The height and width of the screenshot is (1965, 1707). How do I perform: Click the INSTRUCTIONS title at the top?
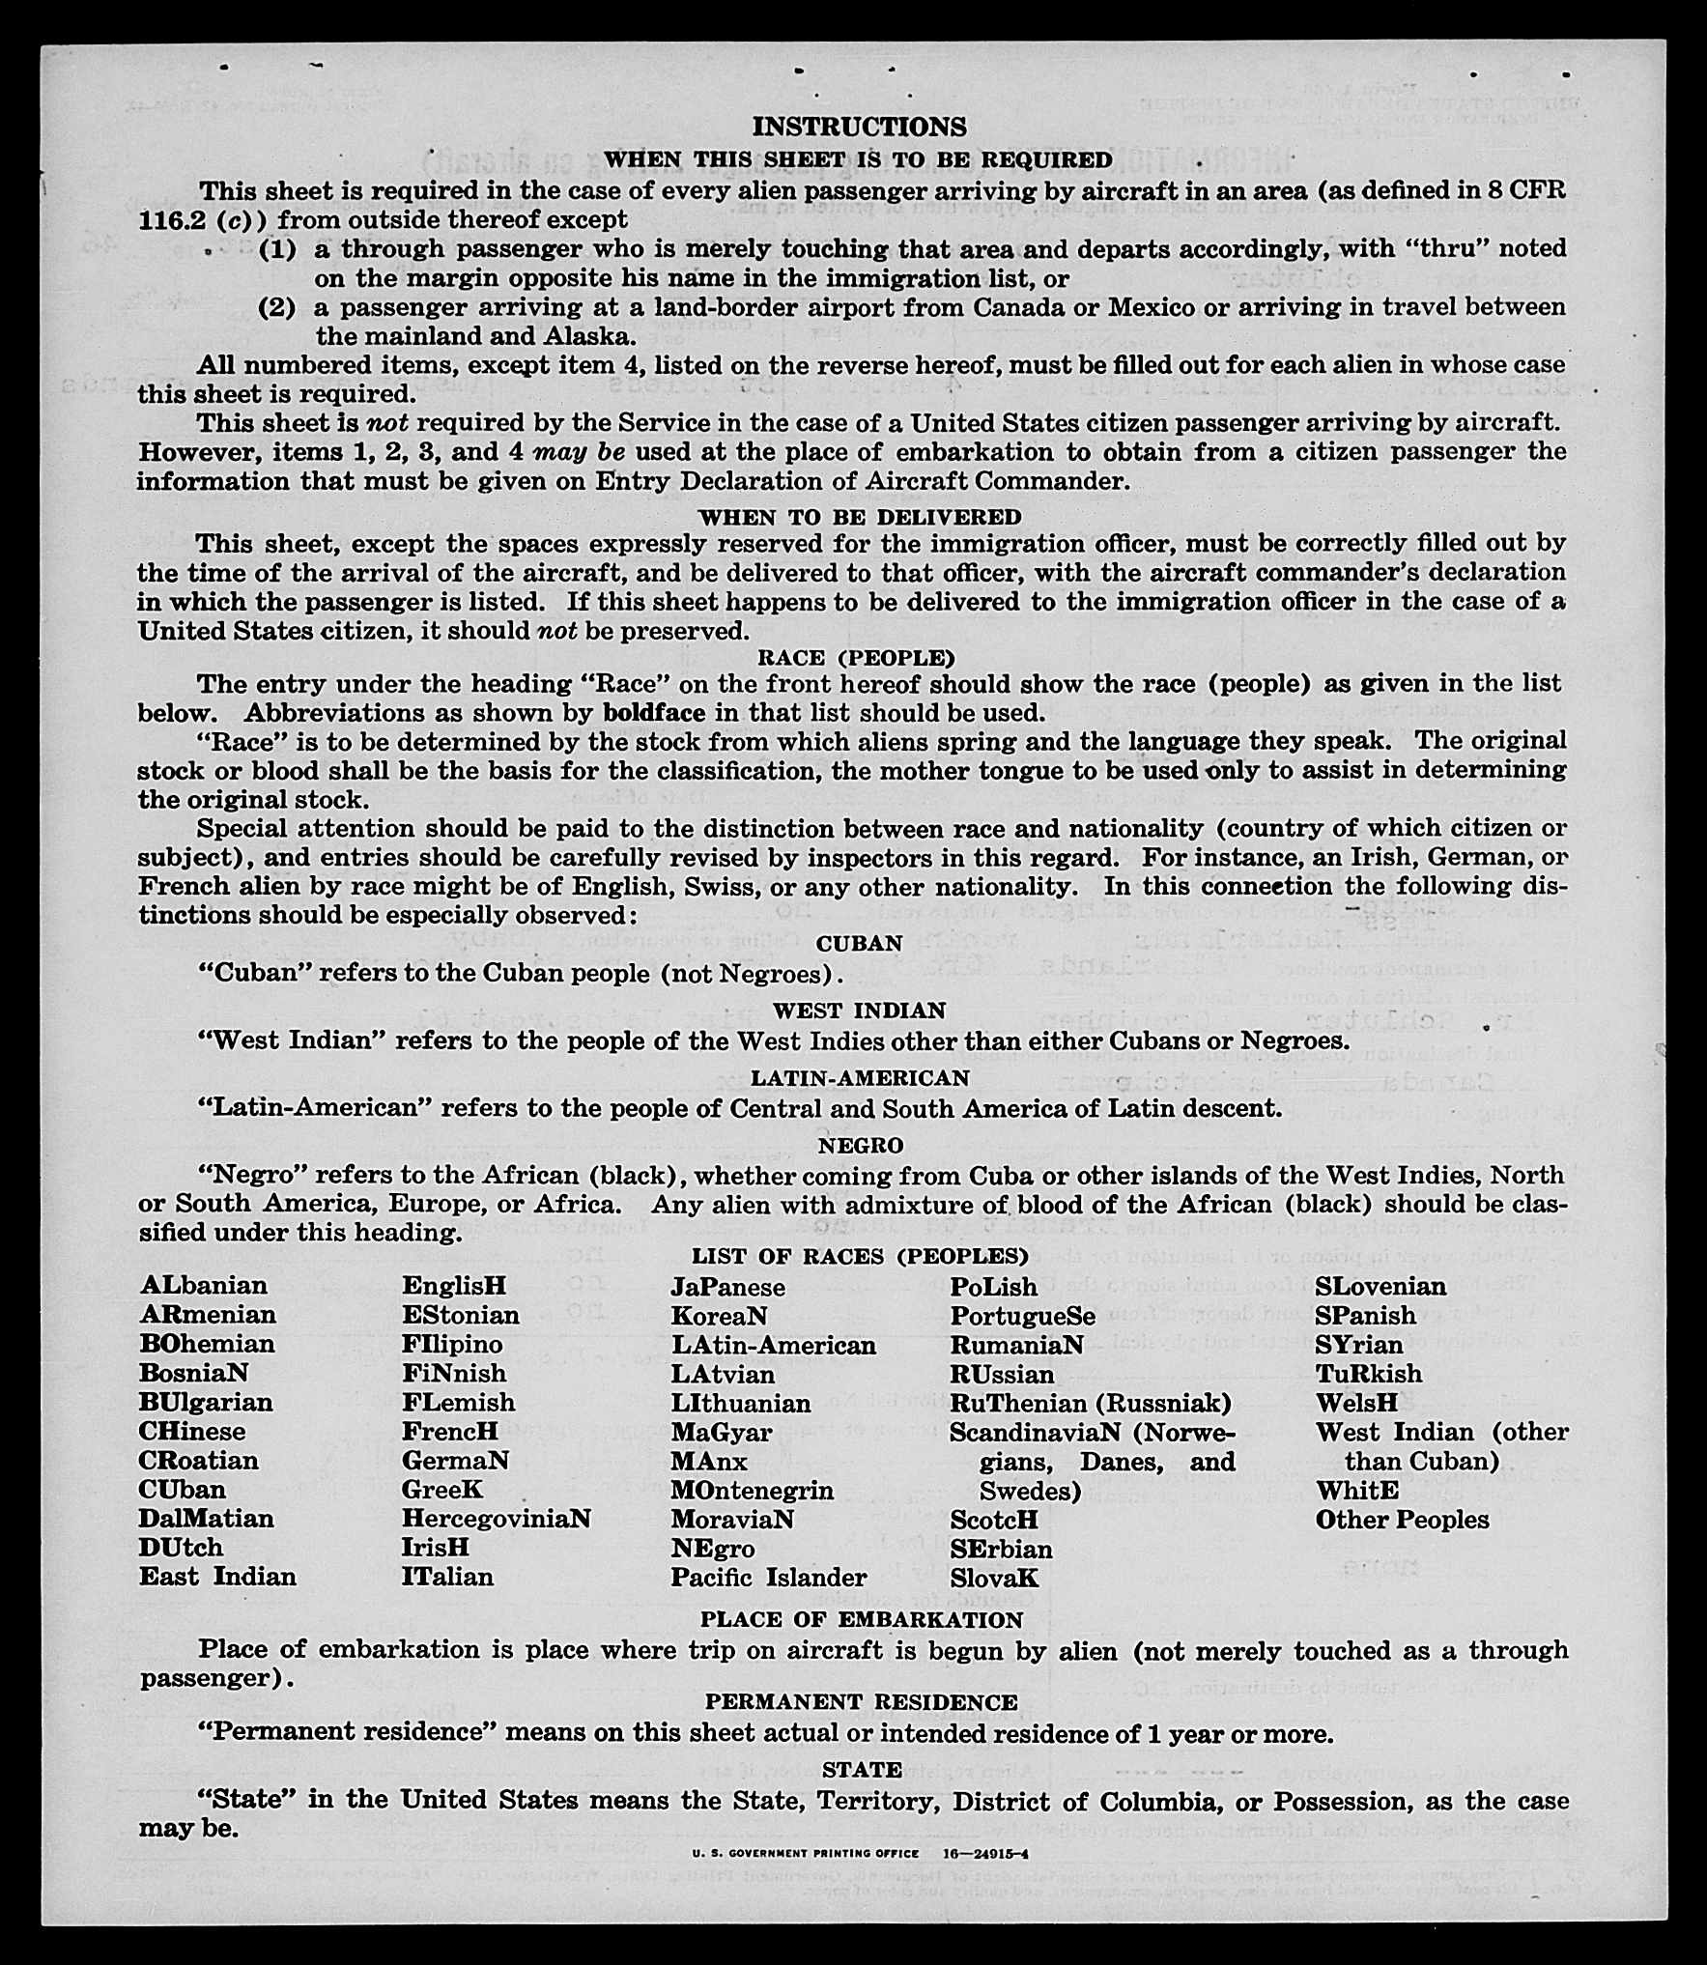(859, 127)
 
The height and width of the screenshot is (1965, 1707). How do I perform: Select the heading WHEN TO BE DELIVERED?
(859, 517)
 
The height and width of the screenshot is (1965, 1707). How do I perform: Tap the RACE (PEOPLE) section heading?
(856, 658)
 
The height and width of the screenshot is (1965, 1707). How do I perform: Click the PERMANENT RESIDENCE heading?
(861, 1701)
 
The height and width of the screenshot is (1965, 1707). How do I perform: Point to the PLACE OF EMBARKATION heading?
(861, 1619)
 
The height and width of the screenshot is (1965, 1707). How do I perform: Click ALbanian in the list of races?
(203, 1286)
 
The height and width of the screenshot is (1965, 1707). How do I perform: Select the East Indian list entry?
(217, 1576)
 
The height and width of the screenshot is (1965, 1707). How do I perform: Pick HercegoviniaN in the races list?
(496, 1518)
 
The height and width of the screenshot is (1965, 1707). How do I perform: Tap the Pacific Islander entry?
(769, 1577)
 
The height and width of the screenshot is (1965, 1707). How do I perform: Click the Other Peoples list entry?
(1402, 1519)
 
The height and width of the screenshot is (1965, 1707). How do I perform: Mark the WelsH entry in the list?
(1355, 1402)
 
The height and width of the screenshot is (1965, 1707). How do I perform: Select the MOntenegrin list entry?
(752, 1489)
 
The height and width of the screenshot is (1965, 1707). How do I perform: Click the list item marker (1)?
(277, 249)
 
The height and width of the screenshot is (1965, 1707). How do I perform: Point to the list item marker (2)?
(277, 307)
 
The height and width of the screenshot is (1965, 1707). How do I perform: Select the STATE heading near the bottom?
(862, 1769)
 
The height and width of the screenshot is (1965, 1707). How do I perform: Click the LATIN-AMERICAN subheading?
(860, 1077)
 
